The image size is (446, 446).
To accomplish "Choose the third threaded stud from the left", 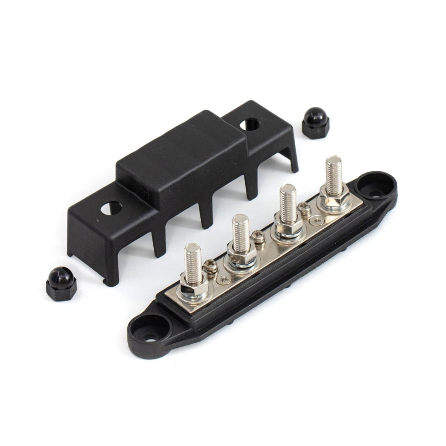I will tap(288, 203).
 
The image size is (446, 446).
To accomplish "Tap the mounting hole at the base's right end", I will tap(374, 188).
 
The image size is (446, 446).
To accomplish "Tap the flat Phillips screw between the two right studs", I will tap(317, 222).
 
